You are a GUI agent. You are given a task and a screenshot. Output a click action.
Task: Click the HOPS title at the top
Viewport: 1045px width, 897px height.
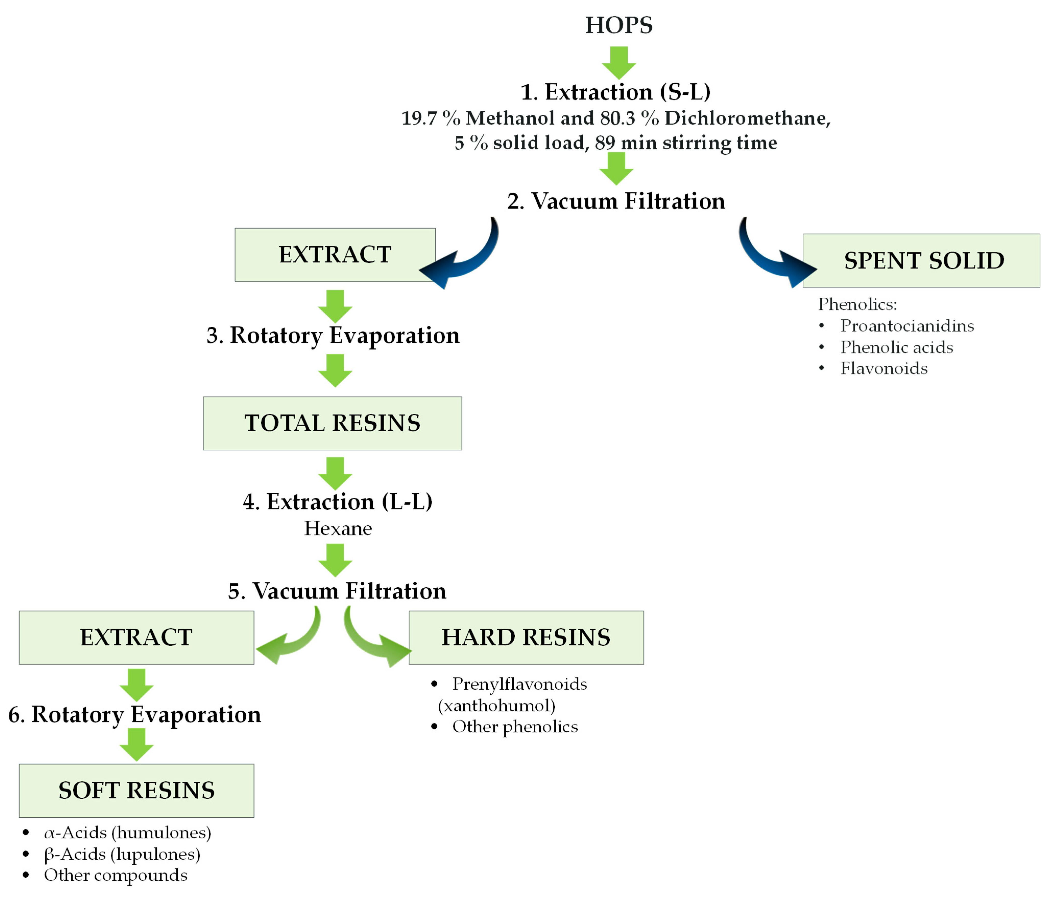tap(618, 25)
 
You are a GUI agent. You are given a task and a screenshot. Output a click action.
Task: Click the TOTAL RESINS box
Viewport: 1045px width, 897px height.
tap(332, 423)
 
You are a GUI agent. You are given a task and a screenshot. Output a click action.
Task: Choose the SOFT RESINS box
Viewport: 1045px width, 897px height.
tap(136, 790)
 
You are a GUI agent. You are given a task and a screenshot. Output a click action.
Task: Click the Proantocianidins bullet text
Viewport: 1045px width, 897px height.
tap(906, 326)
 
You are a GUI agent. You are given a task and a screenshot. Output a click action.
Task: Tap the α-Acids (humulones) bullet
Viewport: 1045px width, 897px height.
tap(127, 832)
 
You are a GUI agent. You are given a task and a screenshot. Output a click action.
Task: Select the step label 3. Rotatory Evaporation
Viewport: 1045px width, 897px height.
tap(333, 335)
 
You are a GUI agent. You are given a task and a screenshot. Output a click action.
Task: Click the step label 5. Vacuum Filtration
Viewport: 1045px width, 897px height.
tap(337, 591)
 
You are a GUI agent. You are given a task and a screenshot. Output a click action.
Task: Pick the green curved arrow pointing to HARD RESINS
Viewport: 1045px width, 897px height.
tap(373, 640)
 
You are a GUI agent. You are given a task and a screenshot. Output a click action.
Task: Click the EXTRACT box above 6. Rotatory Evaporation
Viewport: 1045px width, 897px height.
tap(136, 637)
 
